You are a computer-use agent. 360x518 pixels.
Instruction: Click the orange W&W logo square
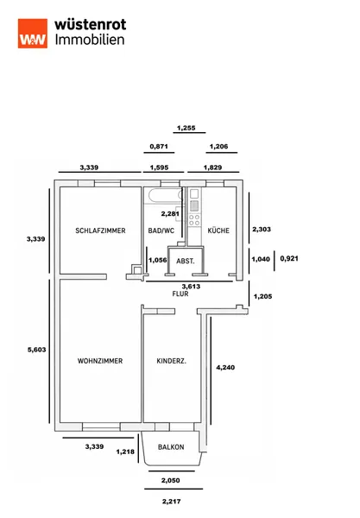pyautogui.click(x=32, y=34)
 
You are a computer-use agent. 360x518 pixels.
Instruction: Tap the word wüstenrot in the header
pyautogui.click(x=90, y=24)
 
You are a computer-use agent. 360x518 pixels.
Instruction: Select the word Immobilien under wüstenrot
pyautogui.click(x=90, y=40)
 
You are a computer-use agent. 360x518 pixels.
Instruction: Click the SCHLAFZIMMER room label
pyautogui.click(x=100, y=231)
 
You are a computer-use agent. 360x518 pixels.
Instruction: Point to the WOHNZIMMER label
pyautogui.click(x=100, y=361)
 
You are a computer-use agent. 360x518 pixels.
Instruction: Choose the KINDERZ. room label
pyautogui.click(x=172, y=361)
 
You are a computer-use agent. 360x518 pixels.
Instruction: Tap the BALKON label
pyautogui.click(x=171, y=447)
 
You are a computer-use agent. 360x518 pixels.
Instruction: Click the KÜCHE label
pyautogui.click(x=218, y=231)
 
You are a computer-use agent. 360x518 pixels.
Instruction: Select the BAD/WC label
pyautogui.click(x=161, y=231)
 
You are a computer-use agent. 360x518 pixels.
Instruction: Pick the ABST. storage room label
pyautogui.click(x=186, y=262)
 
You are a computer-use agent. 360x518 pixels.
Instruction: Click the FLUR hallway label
pyautogui.click(x=180, y=294)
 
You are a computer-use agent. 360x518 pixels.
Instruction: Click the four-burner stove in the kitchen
pyautogui.click(x=194, y=220)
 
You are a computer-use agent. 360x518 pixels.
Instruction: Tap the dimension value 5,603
pyautogui.click(x=36, y=350)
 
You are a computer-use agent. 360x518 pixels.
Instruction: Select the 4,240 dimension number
pyautogui.click(x=225, y=368)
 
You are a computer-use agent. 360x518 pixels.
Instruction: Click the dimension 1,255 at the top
pyautogui.click(x=186, y=128)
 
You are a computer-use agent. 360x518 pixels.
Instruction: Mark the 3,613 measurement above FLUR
pyautogui.click(x=191, y=287)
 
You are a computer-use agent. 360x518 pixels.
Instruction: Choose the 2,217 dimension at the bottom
pyautogui.click(x=172, y=502)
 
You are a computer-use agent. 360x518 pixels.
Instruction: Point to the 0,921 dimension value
pyautogui.click(x=289, y=258)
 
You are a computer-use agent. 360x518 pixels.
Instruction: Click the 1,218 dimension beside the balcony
pyautogui.click(x=125, y=452)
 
